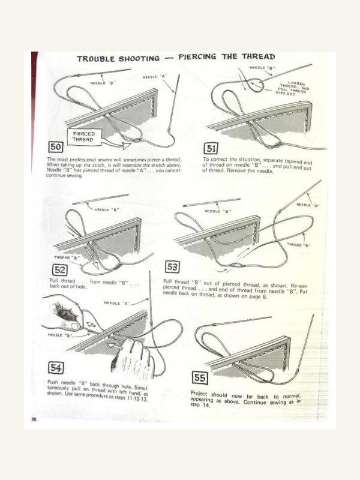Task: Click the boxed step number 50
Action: pyautogui.click(x=55, y=147)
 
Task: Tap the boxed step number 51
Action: pyautogui.click(x=211, y=149)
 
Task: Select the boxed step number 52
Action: pyautogui.click(x=59, y=270)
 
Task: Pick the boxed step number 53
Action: pyautogui.click(x=172, y=267)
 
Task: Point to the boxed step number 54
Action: pyautogui.click(x=56, y=368)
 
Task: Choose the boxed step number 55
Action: pyautogui.click(x=200, y=378)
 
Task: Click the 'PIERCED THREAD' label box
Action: pyautogui.click(x=83, y=137)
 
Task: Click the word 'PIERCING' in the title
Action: pyautogui.click(x=197, y=57)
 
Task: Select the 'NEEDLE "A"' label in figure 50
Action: pyautogui.click(x=155, y=77)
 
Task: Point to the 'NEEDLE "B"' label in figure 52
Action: pyautogui.click(x=107, y=209)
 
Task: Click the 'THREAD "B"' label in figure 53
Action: pyautogui.click(x=298, y=245)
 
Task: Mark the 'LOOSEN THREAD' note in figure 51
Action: pyautogui.click(x=292, y=88)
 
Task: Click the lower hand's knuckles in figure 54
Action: pyautogui.click(x=134, y=346)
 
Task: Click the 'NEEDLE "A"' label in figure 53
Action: pyautogui.click(x=307, y=205)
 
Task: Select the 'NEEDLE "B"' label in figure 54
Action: pyautogui.click(x=59, y=335)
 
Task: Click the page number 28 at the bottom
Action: pyautogui.click(x=34, y=419)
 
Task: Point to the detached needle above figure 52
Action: pyautogui.click(x=101, y=199)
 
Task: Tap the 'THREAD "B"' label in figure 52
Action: pyautogui.click(x=67, y=258)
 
